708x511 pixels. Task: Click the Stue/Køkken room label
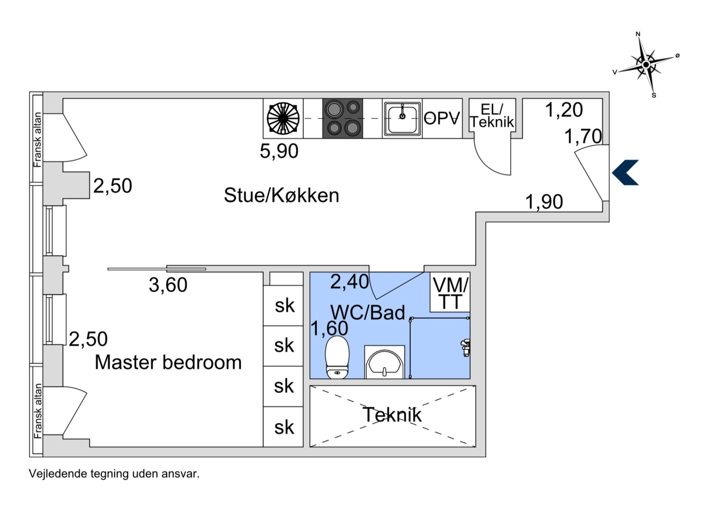[281, 196]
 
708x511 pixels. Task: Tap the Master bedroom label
[168, 363]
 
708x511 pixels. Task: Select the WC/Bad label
[367, 313]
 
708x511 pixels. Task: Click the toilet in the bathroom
[337, 357]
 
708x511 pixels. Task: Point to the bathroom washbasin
[384, 363]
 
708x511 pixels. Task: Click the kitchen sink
[402, 118]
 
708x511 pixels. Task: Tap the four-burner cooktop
[343, 118]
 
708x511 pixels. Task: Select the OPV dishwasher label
[442, 118]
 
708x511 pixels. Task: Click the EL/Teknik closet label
[492, 116]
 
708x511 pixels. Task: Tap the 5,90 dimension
[279, 151]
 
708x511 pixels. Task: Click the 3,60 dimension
[168, 285]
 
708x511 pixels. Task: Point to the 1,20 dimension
[563, 110]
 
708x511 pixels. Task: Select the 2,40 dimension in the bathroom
[349, 282]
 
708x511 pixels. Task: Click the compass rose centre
[646, 65]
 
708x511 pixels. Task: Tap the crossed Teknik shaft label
[392, 415]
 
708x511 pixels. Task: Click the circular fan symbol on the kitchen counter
[283, 118]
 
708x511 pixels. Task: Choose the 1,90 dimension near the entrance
[544, 202]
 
